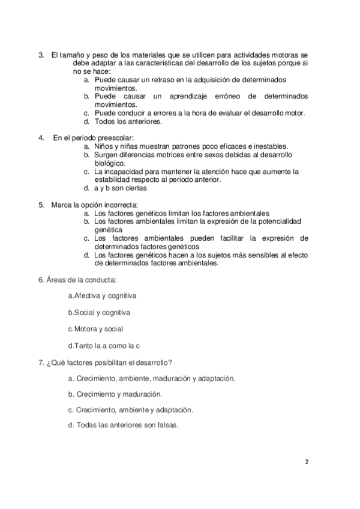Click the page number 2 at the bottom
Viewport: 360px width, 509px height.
[x=307, y=462]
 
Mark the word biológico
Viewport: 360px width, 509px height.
[x=109, y=163]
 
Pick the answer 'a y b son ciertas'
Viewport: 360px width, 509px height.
[x=121, y=188]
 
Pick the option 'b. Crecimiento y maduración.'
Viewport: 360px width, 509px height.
[x=115, y=394]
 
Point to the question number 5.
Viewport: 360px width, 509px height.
[x=41, y=205]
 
